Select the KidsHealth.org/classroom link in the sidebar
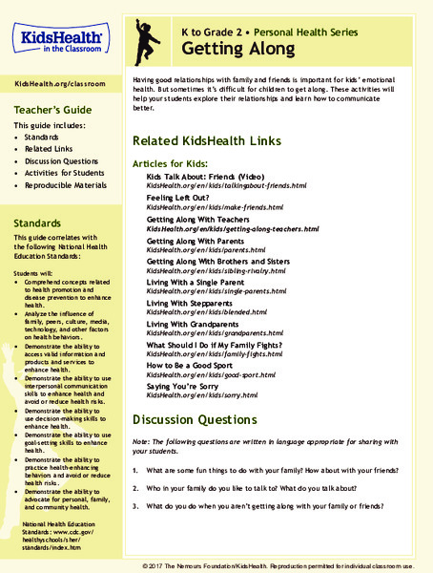click(x=60, y=85)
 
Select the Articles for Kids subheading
click(x=172, y=163)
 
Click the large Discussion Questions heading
click(x=195, y=421)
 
